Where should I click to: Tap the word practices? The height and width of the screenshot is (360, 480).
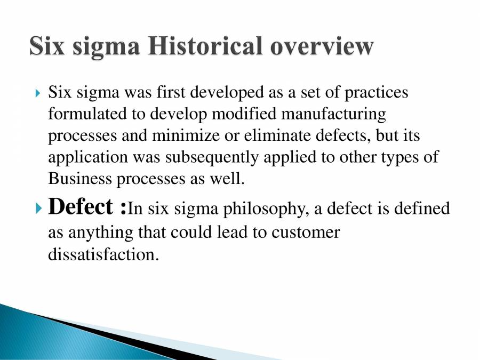376,92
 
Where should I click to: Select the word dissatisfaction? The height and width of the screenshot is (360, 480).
103,254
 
